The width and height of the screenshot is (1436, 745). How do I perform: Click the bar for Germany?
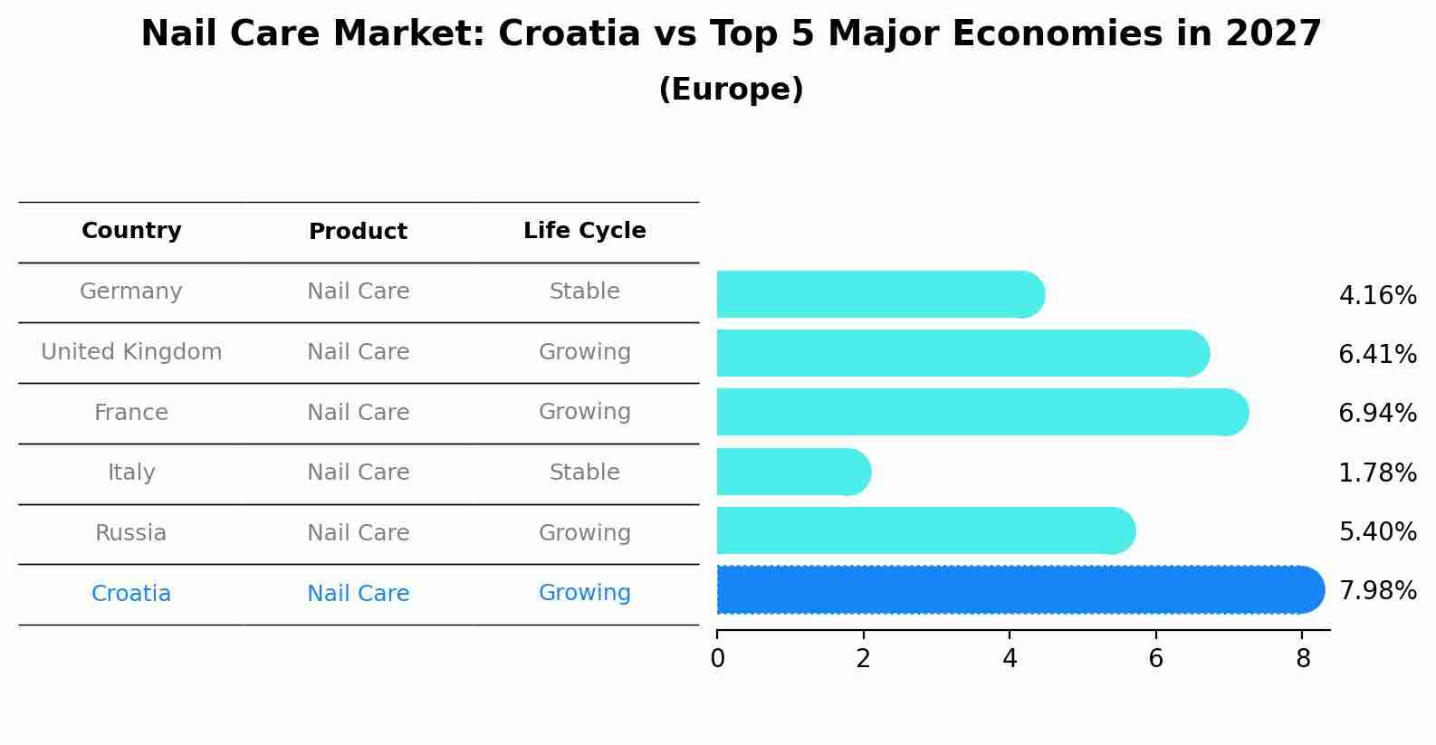tap(878, 294)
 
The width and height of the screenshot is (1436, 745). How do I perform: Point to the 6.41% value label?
tap(1376, 354)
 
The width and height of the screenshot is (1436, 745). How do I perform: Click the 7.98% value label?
tap(1376, 590)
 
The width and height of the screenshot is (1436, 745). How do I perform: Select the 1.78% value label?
tap(1376, 473)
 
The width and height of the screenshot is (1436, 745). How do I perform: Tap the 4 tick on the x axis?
tap(1010, 658)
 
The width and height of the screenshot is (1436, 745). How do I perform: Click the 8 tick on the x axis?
tap(1302, 658)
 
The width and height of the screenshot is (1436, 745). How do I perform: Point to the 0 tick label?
tap(717, 658)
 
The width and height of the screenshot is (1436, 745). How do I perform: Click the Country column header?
tap(131, 231)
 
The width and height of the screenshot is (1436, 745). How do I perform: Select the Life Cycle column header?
tap(584, 231)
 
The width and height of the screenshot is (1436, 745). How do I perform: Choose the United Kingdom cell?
tap(131, 352)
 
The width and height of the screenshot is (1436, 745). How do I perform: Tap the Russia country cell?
tap(131, 533)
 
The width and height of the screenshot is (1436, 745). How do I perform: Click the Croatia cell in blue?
tap(131, 594)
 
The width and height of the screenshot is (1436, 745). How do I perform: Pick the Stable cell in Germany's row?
tap(584, 291)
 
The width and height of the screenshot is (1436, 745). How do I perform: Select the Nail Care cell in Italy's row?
tap(358, 473)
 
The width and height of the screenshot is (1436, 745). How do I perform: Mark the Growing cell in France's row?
tap(584, 412)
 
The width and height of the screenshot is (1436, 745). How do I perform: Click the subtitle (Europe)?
tap(731, 90)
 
